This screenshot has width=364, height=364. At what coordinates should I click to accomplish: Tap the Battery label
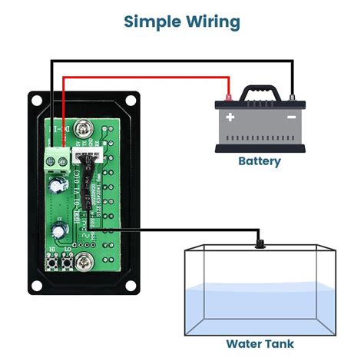tap(259, 161)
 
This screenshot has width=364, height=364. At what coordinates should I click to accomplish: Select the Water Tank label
tap(259, 343)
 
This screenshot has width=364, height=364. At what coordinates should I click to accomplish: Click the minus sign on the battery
tap(290, 117)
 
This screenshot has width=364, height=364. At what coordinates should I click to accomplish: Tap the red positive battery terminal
tap(228, 99)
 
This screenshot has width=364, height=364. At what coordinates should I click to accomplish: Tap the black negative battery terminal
tap(293, 98)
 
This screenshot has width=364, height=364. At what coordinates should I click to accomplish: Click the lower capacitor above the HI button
tap(58, 231)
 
